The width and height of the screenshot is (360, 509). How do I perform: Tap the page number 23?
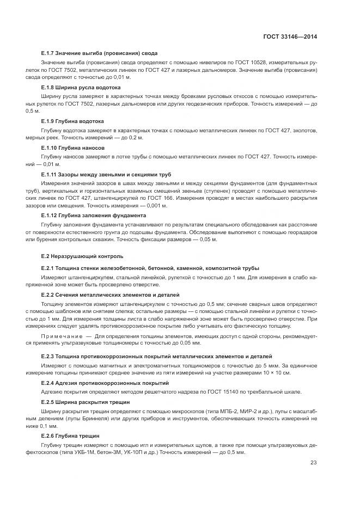pyautogui.click(x=313, y=463)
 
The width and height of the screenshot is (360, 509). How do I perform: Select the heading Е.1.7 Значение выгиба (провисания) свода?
pyautogui.click(x=100, y=53)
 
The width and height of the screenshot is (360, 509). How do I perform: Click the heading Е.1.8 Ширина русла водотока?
pyautogui.click(x=81, y=87)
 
